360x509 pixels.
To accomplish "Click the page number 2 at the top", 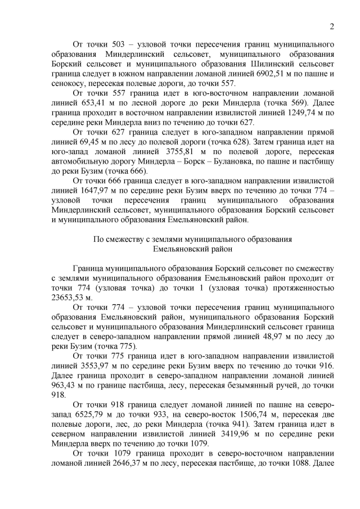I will tap(332, 26).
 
